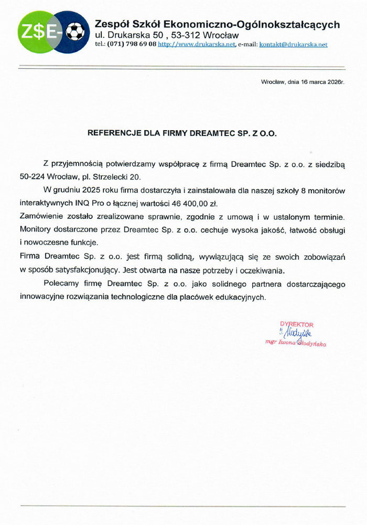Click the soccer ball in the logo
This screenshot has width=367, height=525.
pos(75,31)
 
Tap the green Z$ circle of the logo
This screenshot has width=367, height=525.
pos(33,32)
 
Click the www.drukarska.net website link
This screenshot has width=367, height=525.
pos(197,45)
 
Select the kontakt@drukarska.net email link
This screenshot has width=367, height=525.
pos(293,45)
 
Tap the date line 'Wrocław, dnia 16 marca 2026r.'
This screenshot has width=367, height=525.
pos(303,82)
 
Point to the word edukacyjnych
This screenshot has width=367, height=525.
pos(240,297)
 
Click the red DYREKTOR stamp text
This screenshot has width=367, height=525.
pos(297,325)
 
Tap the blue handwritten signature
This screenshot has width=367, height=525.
pos(297,333)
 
